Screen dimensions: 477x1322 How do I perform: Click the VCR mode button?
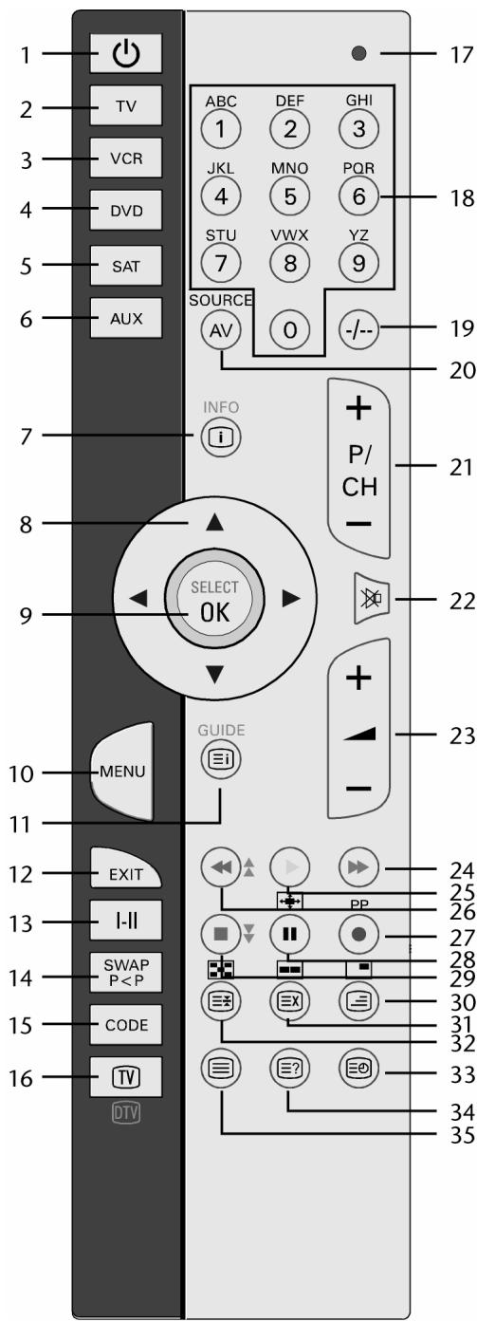click(125, 158)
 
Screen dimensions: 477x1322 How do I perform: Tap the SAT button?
click(125, 266)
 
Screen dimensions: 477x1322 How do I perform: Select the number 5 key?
click(289, 196)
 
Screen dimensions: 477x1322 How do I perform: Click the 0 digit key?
click(289, 329)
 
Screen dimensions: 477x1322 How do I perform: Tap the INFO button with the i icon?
click(221, 438)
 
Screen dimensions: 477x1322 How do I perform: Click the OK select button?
click(214, 600)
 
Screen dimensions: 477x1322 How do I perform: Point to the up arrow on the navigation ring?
click(214, 521)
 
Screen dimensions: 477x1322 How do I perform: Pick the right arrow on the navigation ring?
click(291, 599)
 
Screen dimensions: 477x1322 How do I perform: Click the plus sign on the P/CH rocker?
click(358, 408)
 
